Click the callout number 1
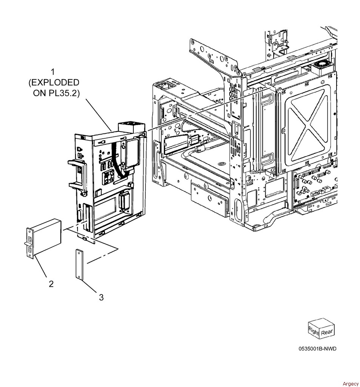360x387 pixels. tap(53, 71)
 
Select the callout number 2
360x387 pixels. tap(51, 283)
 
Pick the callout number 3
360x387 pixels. tap(101, 297)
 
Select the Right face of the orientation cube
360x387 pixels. tap(314, 331)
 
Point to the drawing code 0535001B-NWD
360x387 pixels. tap(317, 348)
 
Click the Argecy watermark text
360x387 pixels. tap(351, 384)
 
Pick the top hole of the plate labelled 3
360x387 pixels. tap(79, 252)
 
